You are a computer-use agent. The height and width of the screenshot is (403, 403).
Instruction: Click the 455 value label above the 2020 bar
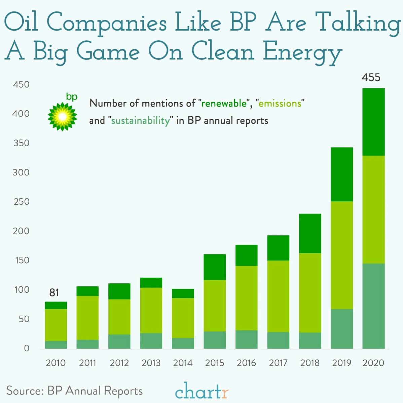point(371,78)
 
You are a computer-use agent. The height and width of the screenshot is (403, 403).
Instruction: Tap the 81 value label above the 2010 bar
point(54,293)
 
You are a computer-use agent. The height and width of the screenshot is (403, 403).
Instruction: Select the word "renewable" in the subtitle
point(224,103)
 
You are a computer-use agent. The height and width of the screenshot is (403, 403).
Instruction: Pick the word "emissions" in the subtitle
point(280,103)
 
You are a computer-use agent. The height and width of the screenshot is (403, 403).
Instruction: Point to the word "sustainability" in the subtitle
point(141,120)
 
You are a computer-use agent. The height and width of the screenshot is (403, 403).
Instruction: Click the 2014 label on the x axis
point(183,363)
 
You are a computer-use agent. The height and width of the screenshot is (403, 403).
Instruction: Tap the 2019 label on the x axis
point(341,363)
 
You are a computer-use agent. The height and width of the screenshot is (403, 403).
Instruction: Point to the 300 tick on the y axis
point(21,172)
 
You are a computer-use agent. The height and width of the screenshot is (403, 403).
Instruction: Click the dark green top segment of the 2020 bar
point(373,122)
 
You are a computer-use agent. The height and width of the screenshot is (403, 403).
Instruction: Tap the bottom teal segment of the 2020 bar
point(373,306)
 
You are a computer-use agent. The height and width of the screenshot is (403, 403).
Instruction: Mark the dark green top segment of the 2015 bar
point(215,267)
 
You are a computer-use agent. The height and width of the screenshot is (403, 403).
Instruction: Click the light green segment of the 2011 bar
point(87,318)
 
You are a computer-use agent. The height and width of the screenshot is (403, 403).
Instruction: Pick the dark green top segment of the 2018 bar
point(310,233)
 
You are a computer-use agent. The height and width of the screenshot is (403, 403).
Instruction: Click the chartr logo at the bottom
point(201,391)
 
